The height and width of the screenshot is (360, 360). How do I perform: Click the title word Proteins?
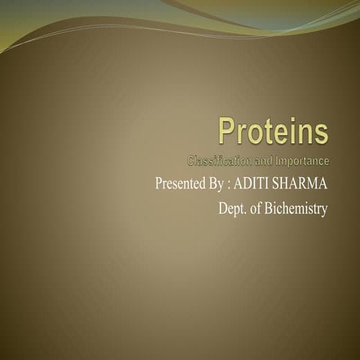click(273, 133)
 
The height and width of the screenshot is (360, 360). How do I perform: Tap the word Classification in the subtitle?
click(218, 160)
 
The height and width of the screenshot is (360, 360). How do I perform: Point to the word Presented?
click(181, 184)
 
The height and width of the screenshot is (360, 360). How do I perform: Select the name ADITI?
click(253, 184)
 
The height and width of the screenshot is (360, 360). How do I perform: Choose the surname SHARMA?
click(301, 184)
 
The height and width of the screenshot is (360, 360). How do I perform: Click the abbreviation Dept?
click(232, 209)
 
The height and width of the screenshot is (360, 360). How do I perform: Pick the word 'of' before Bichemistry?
click(256, 209)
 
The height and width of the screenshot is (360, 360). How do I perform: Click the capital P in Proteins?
click(226, 133)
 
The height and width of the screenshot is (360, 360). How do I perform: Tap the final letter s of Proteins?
click(322, 135)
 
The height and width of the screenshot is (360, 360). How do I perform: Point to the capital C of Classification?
click(190, 160)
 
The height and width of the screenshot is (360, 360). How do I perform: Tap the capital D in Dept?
click(223, 209)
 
